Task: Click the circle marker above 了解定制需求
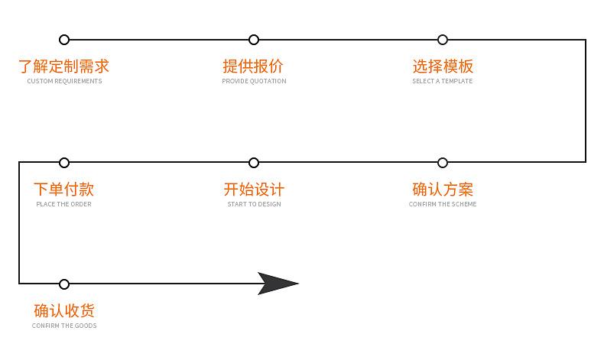coord(64,40)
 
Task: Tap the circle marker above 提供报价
coord(254,40)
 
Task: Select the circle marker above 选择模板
coord(443,40)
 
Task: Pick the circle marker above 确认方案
coord(443,162)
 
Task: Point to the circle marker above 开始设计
coord(254,162)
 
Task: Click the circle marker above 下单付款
coord(64,162)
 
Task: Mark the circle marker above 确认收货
coord(64,284)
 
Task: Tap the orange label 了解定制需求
coord(64,66)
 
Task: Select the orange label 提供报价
coord(254,66)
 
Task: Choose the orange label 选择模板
coord(443,66)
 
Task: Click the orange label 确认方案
coord(443,189)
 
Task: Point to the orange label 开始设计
coord(254,189)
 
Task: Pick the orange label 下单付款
coord(64,189)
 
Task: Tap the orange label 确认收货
coord(64,311)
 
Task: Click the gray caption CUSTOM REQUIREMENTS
coord(64,81)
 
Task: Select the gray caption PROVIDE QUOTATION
coord(254,81)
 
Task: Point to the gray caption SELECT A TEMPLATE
coord(443,81)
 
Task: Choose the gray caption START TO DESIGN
coord(254,204)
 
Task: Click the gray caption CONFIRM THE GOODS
coord(64,326)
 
